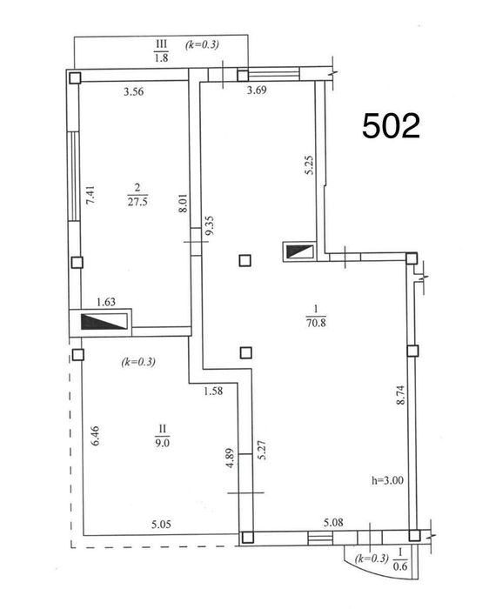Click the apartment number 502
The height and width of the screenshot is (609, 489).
point(392,126)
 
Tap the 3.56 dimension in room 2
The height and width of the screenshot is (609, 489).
point(134,91)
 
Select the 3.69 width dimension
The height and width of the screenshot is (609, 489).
point(258,90)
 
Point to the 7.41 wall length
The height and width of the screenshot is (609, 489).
point(90,196)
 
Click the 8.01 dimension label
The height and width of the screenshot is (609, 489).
point(184,203)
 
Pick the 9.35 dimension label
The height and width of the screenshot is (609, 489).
point(210,226)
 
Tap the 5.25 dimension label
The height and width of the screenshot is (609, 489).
point(309,165)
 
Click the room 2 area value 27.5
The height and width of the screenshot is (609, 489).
point(137,202)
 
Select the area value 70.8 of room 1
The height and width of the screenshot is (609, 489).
point(316,323)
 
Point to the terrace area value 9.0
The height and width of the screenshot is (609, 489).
point(163,443)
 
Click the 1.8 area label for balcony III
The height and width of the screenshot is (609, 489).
point(161,58)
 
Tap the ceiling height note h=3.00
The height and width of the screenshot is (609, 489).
point(387,480)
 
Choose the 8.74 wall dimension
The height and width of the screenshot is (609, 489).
point(400,395)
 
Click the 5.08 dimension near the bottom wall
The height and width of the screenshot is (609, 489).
point(333,522)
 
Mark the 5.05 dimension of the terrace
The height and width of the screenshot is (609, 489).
point(161,525)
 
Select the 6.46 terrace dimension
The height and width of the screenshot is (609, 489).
point(95,436)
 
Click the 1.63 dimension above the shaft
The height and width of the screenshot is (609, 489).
point(106,302)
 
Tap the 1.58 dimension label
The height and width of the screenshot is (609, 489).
point(214,391)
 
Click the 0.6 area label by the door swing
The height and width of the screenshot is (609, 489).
point(400,566)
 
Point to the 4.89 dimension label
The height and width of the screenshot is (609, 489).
point(231,458)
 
